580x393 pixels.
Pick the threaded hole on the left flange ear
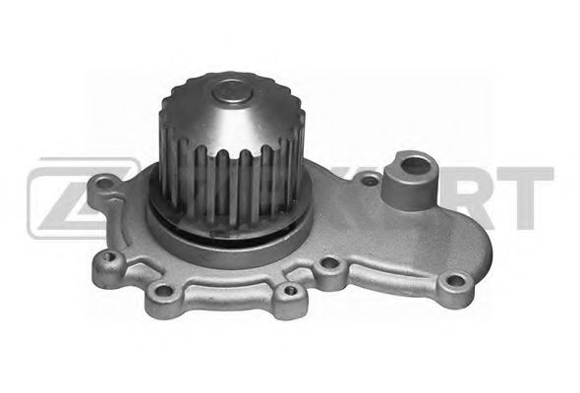click(109, 262)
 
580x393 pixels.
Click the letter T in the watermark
click(532, 193)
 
